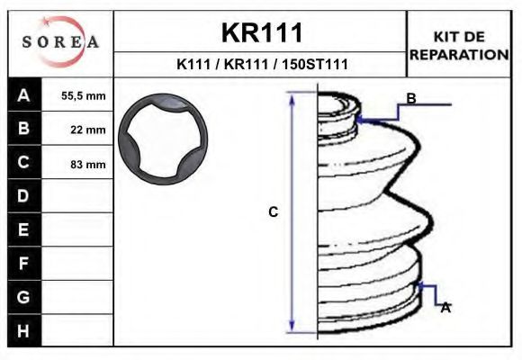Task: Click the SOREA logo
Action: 60,41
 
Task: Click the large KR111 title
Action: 262,32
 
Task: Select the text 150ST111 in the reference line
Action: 315,64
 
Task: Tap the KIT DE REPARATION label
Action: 459,46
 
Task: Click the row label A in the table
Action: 23,95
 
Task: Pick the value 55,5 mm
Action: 83,96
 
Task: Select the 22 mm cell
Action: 88,130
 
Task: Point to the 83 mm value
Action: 88,164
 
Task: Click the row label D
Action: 23,196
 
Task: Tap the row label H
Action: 23,331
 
